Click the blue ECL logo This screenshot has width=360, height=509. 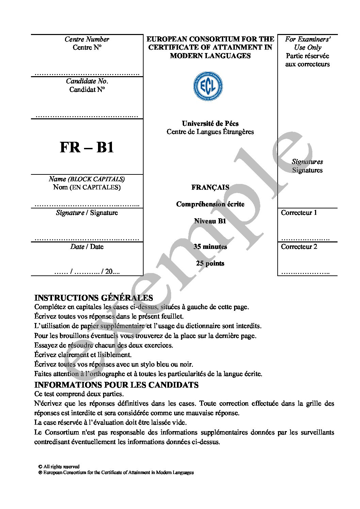pyautogui.click(x=208, y=86)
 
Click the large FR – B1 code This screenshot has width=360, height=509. pyautogui.click(x=87, y=147)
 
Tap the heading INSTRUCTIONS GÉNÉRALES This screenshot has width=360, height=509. pyautogui.click(x=94, y=298)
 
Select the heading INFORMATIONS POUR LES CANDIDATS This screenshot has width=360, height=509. pyautogui.click(x=116, y=385)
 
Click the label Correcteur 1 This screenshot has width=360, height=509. pyautogui.click(x=299, y=213)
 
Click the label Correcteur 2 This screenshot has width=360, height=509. pyautogui.click(x=299, y=247)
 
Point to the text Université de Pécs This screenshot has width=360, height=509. pyautogui.click(x=210, y=123)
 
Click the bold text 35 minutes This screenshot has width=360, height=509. pyautogui.click(x=210, y=247)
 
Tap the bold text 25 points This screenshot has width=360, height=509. pyautogui.click(x=210, y=264)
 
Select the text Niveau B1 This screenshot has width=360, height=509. pyautogui.click(x=210, y=221)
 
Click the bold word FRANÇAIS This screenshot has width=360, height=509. pyautogui.click(x=210, y=187)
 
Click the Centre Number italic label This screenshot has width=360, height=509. pyautogui.click(x=87, y=39)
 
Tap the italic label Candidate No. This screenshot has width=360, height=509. pyautogui.click(x=87, y=81)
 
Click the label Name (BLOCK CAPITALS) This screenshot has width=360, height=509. pyautogui.click(x=87, y=179)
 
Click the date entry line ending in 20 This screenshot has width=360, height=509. pyautogui.click(x=87, y=272)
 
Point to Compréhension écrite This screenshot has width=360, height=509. pyautogui.click(x=210, y=204)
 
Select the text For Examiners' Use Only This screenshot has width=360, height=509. pyautogui.click(x=308, y=43)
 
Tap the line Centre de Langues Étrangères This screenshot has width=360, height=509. pyautogui.click(x=210, y=132)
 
